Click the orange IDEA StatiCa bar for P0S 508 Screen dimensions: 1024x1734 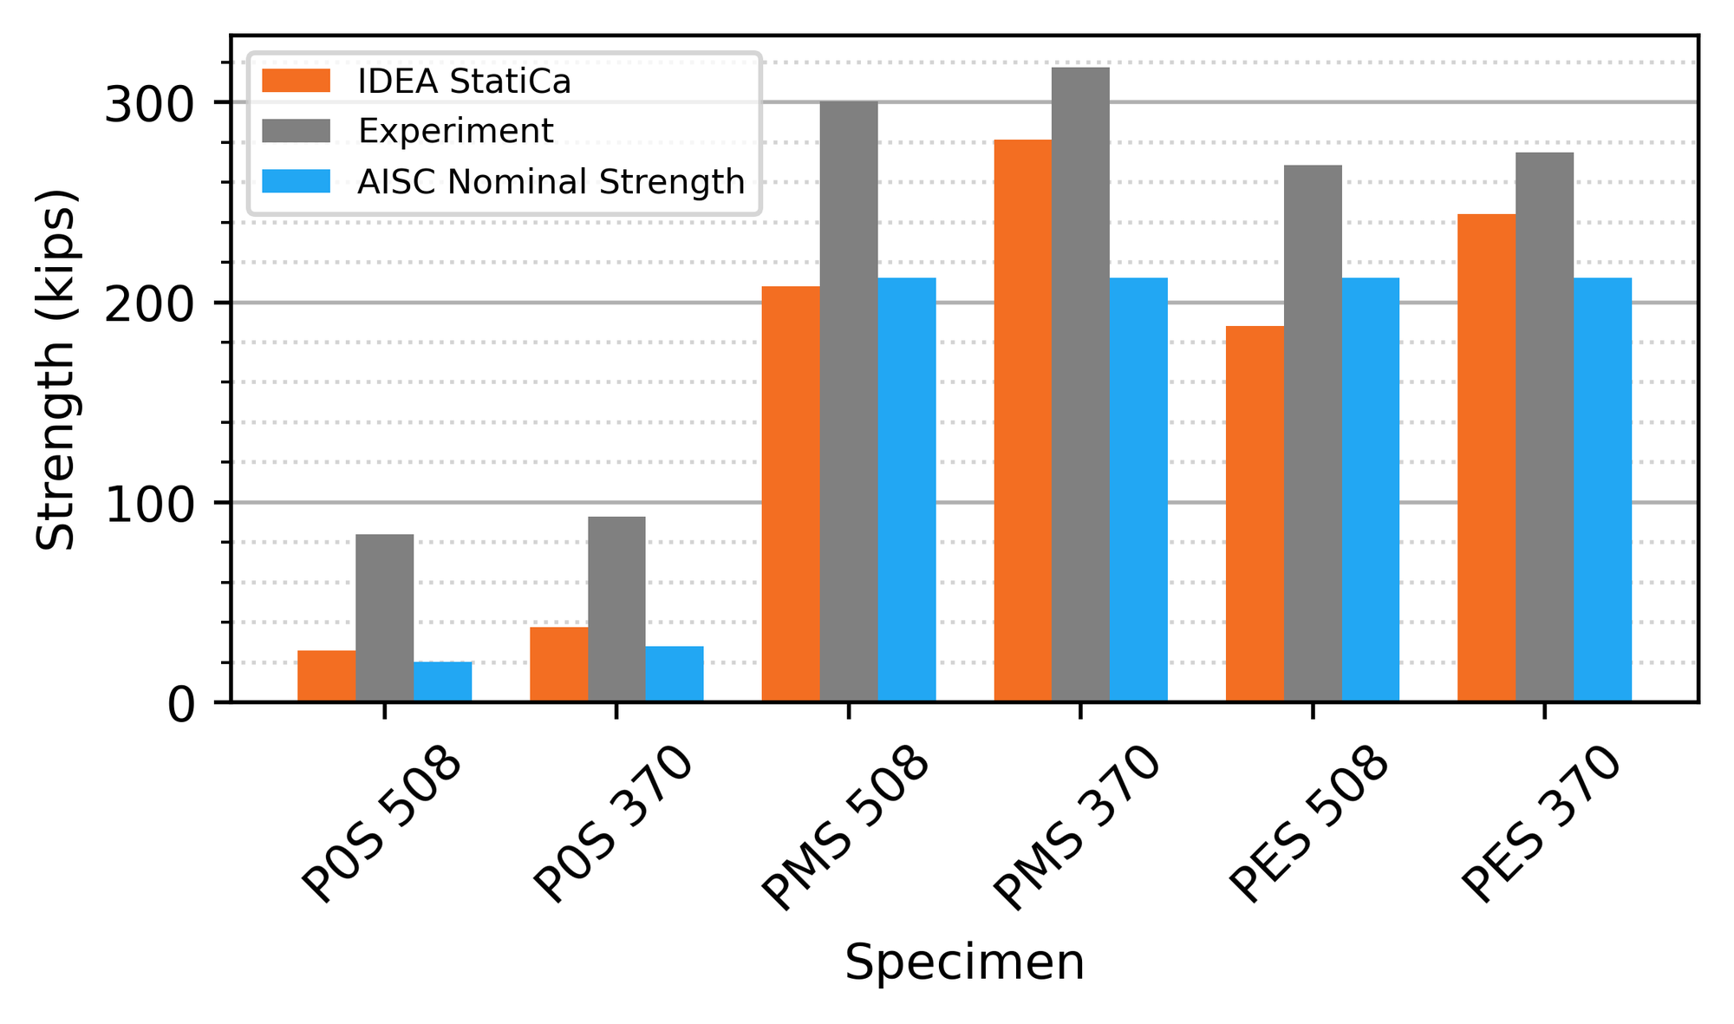point(326,676)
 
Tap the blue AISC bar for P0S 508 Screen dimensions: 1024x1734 point(442,682)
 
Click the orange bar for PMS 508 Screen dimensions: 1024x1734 point(790,493)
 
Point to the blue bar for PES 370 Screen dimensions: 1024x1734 point(1602,489)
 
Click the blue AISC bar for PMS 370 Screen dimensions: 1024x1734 point(1138,489)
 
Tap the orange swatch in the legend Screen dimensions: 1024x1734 point(296,82)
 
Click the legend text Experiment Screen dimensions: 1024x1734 point(455,132)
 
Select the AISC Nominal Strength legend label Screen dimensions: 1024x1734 point(551,182)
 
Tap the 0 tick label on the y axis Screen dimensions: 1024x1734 point(180,705)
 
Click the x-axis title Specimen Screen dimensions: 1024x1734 point(964,963)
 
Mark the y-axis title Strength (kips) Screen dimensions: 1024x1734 point(57,369)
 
